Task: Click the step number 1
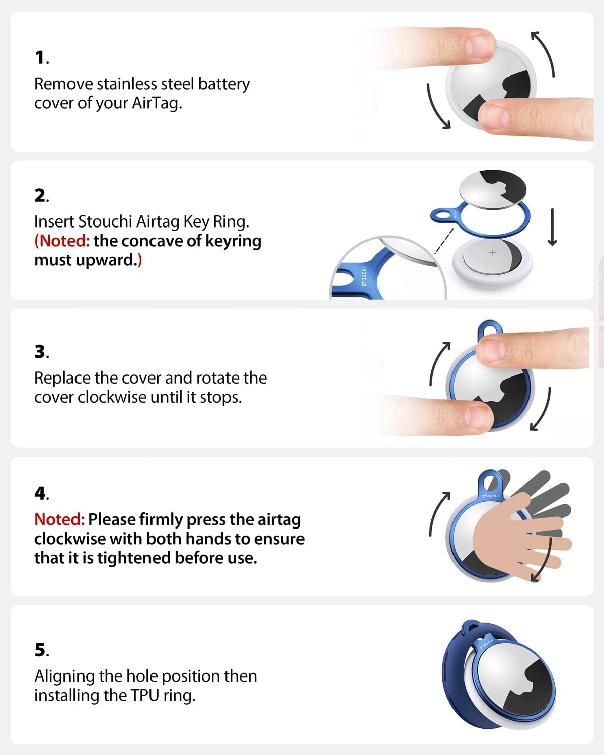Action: coord(41,58)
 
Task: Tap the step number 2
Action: coord(41,195)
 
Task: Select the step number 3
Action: coord(41,352)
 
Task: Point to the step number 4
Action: coord(41,493)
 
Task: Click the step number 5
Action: coord(41,650)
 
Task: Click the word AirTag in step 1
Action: coord(156,103)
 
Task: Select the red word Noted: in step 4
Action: coord(59,519)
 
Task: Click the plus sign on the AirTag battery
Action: coord(492,253)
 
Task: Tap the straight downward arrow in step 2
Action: coord(552,228)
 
